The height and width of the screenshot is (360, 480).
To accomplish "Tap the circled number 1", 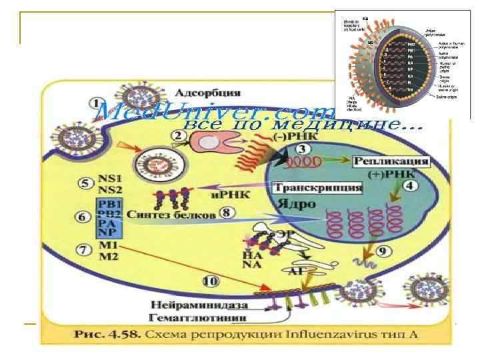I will pos(97,104).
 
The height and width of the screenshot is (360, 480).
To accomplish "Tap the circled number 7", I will pos(83,251).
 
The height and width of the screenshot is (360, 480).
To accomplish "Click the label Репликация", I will pos(390,161).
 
